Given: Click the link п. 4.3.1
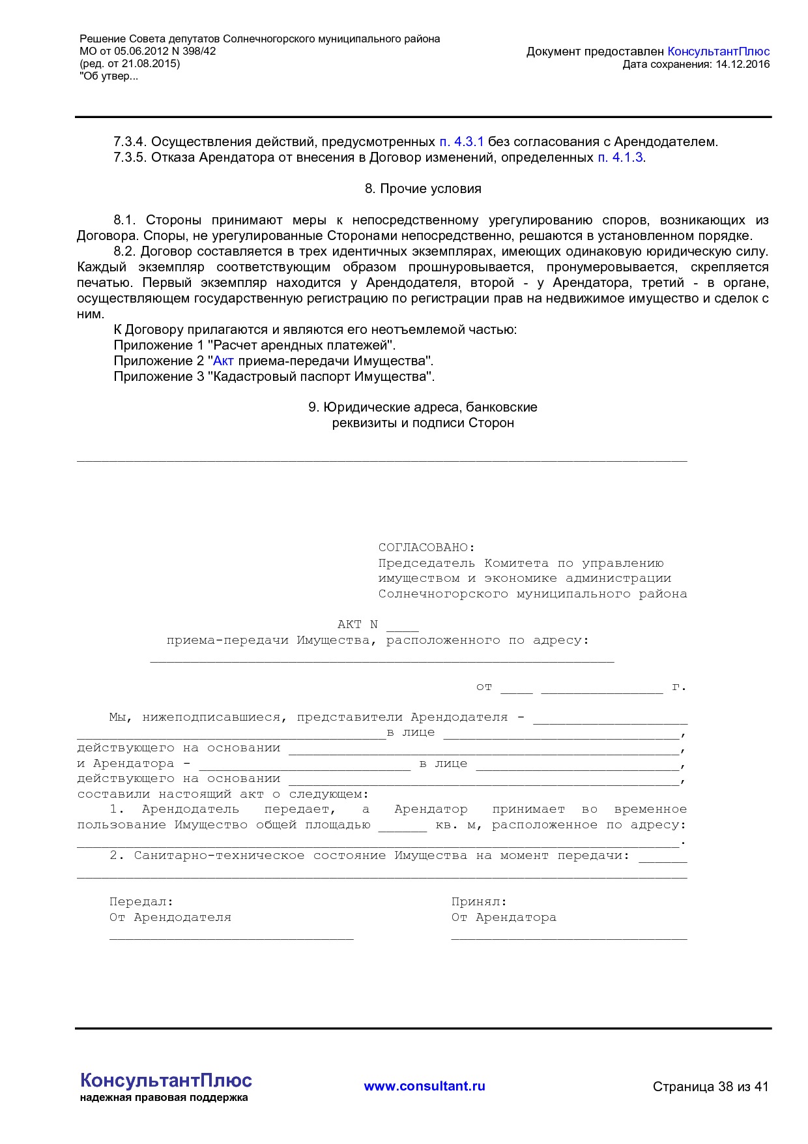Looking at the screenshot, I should pyautogui.click(x=461, y=142).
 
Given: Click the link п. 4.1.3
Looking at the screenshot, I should pyautogui.click(x=620, y=157).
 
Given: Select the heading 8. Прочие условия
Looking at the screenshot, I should pyautogui.click(x=423, y=188).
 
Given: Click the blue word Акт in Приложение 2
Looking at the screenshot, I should pyautogui.click(x=223, y=361).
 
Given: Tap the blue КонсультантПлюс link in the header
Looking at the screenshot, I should pyautogui.click(x=718, y=52).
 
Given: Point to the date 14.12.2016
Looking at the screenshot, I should pyautogui.click(x=742, y=64).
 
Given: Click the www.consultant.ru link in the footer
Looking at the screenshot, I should pyautogui.click(x=424, y=1086).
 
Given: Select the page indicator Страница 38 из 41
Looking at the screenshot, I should pyautogui.click(x=710, y=1087).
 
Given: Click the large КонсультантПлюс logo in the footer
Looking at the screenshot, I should pyautogui.click(x=166, y=1080).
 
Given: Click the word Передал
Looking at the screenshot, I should pyautogui.click(x=141, y=902).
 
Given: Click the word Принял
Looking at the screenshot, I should pyautogui.click(x=478, y=902).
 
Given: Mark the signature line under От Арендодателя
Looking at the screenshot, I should pyautogui.click(x=231, y=938).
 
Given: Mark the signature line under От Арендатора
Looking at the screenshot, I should pyautogui.click(x=569, y=938).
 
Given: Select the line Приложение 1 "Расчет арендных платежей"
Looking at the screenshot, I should pyautogui.click(x=254, y=345).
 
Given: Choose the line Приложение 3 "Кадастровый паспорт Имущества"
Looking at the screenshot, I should pyautogui.click(x=274, y=376).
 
